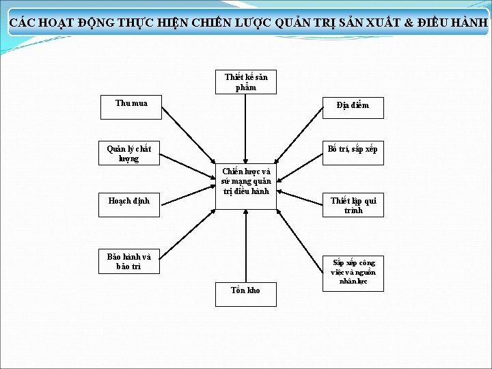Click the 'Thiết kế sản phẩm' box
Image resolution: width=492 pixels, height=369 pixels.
[x=246, y=82]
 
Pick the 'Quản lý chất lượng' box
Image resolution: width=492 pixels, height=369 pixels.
[x=129, y=153]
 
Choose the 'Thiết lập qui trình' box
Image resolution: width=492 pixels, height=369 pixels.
[x=353, y=205]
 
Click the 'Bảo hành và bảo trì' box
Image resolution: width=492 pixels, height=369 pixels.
[x=129, y=262]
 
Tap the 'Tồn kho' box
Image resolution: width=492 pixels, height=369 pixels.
[x=246, y=293]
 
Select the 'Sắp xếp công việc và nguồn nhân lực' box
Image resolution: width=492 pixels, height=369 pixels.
[x=353, y=272]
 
